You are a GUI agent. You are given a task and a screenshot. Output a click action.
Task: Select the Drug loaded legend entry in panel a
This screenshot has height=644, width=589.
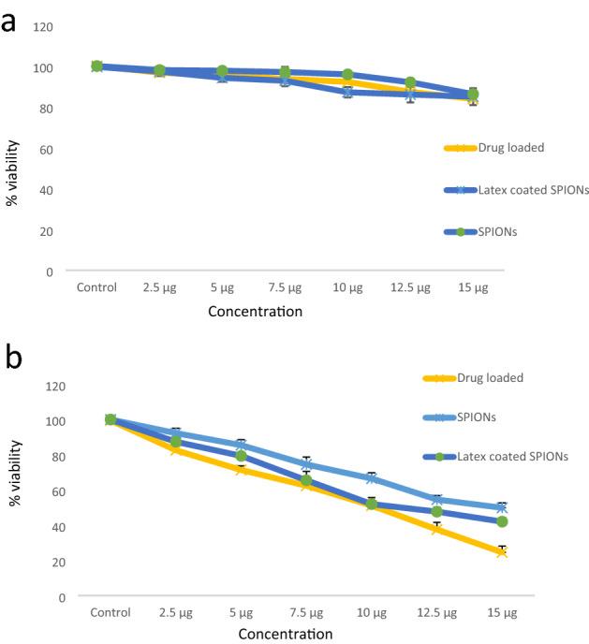[x=509, y=147]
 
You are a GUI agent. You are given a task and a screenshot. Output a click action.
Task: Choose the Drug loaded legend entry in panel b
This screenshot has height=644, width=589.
[x=490, y=378]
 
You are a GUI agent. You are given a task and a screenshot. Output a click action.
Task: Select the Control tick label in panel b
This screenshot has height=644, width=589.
[x=110, y=612]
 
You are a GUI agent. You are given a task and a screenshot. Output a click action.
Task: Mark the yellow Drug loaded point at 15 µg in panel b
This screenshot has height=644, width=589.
[x=502, y=552]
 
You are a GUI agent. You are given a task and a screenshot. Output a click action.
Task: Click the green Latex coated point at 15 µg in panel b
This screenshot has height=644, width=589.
[x=502, y=521]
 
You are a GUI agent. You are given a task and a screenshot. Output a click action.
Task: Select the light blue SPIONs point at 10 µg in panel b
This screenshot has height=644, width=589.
[x=372, y=478]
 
